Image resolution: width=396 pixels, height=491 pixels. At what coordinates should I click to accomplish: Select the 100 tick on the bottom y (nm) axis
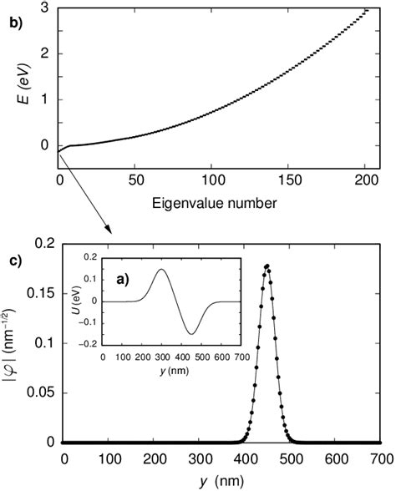point(109,458)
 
